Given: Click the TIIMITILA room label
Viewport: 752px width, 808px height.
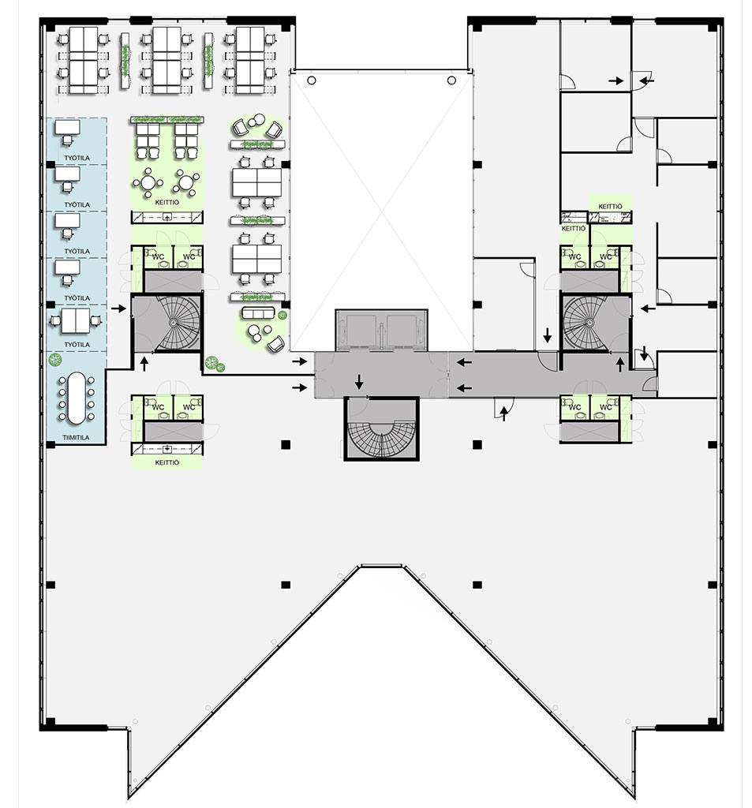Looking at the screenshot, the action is point(77,437).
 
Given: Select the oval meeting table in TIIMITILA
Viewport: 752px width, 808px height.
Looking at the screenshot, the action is point(77,398).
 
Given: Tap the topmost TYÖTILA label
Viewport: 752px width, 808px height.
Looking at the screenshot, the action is point(77,158).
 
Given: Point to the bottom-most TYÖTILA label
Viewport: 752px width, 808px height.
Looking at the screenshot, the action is point(77,344).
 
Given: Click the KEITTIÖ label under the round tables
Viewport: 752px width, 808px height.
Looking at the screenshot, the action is point(167,203).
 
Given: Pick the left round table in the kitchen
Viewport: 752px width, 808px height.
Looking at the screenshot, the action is point(148,182).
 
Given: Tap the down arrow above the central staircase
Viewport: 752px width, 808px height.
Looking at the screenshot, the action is point(359,382).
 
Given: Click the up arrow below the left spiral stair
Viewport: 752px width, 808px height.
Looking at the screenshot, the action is point(144,364).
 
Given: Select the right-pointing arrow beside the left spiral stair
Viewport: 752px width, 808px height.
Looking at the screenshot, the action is point(118,309).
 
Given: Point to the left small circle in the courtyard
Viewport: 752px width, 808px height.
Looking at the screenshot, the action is point(312,80).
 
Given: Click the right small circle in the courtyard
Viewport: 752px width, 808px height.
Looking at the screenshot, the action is point(451,80).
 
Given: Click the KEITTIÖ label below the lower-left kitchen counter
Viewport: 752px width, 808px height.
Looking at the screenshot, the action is point(167,462).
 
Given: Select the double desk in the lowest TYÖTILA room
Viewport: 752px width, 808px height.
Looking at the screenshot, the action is point(76,321).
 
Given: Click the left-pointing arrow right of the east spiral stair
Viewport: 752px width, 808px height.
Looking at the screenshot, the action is point(649,309).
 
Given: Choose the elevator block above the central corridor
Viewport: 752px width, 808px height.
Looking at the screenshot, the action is point(381,331).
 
